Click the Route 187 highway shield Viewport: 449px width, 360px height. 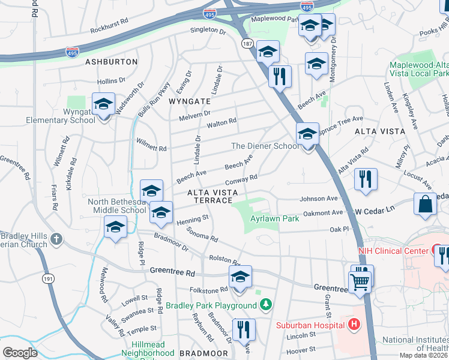point(247,44)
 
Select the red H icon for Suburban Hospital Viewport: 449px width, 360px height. point(354,325)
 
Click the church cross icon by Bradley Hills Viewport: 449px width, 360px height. point(56,239)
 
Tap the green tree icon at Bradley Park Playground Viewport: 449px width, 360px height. point(265,305)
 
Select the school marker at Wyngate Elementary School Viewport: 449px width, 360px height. point(104,104)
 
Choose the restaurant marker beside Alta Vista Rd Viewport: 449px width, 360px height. point(366,179)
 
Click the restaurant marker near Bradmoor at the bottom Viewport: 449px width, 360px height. point(244,329)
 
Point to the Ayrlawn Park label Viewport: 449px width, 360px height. point(274,219)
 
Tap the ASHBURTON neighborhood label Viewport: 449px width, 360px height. point(111,62)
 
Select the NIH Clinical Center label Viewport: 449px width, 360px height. point(390,250)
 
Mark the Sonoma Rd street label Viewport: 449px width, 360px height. point(202,234)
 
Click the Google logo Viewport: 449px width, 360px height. point(20,352)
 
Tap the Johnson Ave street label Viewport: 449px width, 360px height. point(319,199)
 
